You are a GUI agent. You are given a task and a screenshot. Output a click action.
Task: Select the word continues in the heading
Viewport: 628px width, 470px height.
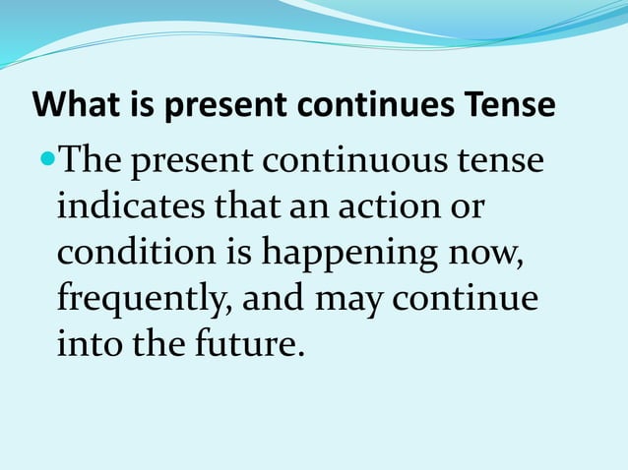[379, 105]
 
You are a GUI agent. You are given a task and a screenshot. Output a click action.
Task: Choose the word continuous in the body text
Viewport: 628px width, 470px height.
[362, 160]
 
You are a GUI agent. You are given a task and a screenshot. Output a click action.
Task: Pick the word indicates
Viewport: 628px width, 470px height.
[128, 206]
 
